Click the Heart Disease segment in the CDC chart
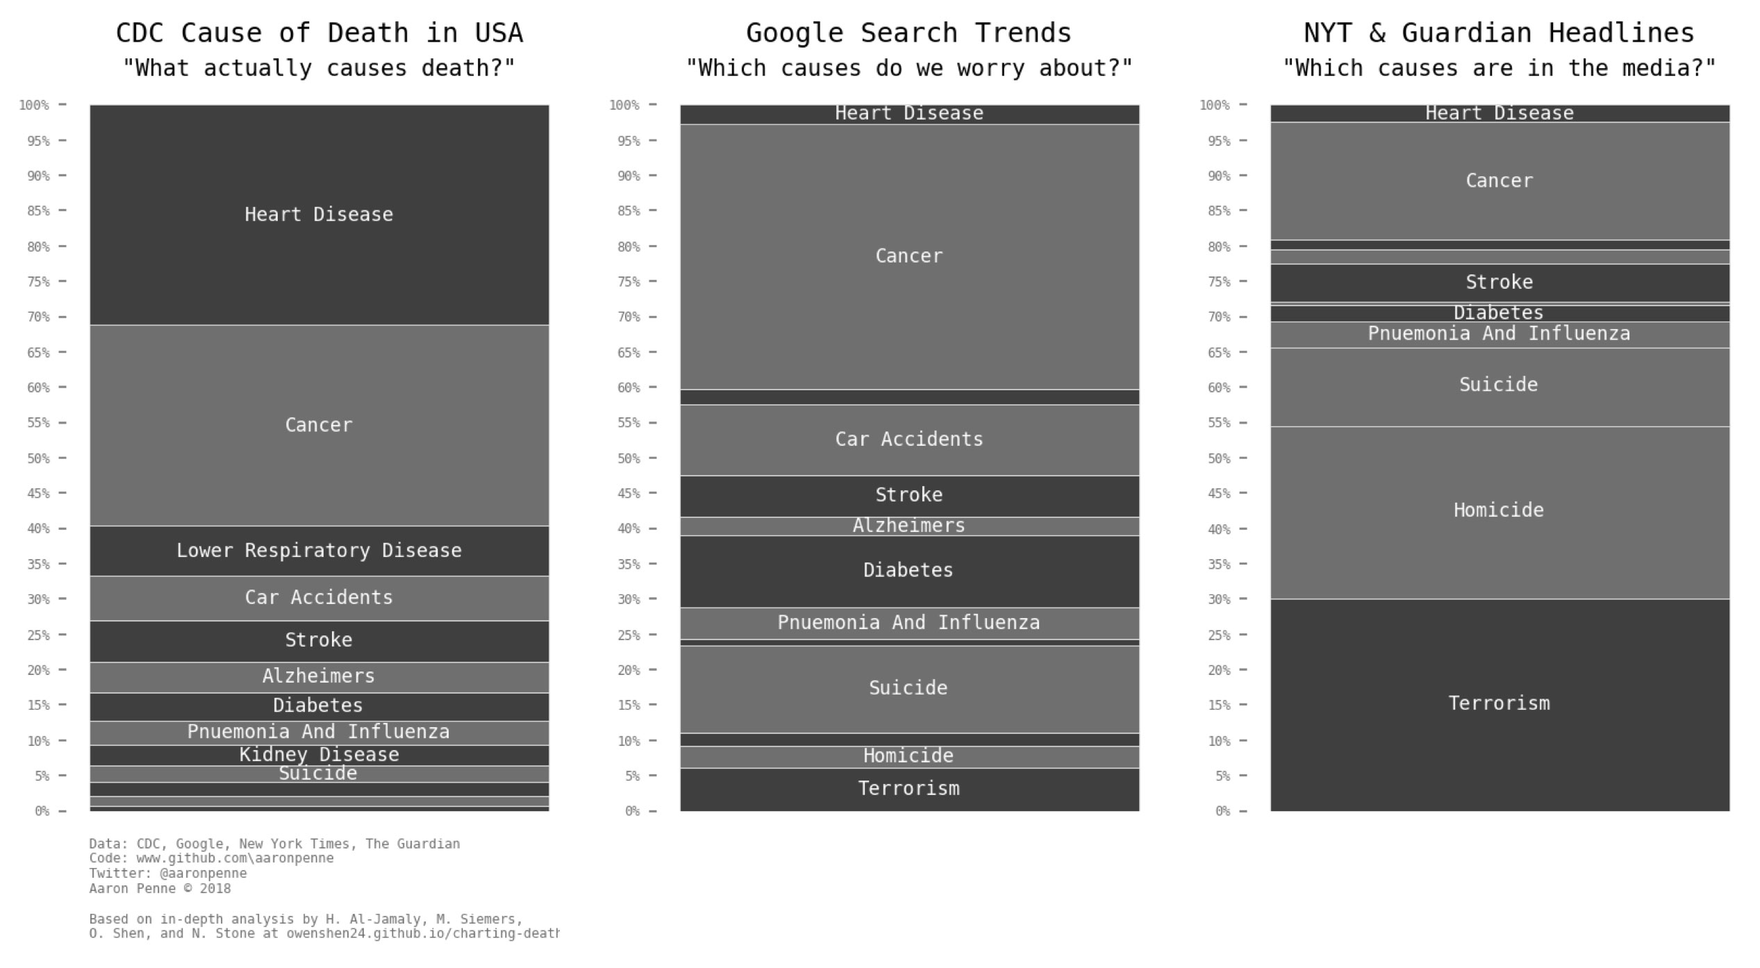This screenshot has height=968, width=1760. point(319,215)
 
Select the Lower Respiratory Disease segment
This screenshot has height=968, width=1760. point(319,551)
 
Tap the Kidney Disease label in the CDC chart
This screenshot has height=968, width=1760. point(319,755)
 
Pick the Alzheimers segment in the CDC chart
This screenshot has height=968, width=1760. point(319,676)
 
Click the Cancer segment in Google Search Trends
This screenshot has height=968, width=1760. point(909,256)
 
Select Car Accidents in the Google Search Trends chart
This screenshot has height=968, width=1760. point(909,440)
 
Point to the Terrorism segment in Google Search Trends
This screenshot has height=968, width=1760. point(909,789)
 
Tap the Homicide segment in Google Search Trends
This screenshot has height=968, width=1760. point(909,756)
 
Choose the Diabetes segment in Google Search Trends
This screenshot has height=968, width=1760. point(909,571)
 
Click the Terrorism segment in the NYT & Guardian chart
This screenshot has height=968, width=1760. point(1500,703)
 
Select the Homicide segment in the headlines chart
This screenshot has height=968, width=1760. point(1500,511)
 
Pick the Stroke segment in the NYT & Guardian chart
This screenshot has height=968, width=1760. point(1500,283)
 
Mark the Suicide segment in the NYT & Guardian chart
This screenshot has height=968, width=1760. point(1500,385)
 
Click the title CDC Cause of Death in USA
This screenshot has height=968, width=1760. point(319,33)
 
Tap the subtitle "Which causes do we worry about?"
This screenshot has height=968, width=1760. point(909,68)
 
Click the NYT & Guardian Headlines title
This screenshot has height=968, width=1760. point(1500,33)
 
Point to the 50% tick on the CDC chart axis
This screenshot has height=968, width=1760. point(38,458)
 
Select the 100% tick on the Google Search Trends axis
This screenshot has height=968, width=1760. point(624,106)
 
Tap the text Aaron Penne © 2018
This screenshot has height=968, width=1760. point(160,889)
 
